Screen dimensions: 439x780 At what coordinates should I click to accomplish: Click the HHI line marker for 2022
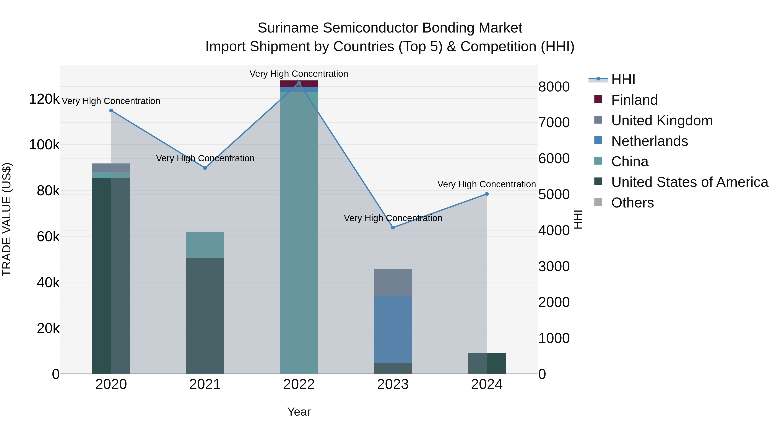[299, 83]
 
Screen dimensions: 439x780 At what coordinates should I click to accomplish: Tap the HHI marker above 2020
[111, 111]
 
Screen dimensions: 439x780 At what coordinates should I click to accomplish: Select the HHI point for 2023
[393, 228]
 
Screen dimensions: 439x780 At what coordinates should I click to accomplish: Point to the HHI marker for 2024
[487, 194]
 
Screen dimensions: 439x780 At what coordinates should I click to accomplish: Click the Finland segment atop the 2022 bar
[299, 84]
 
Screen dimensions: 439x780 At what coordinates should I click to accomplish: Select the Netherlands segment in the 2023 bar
[393, 329]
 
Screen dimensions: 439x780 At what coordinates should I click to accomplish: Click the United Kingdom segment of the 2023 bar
[393, 282]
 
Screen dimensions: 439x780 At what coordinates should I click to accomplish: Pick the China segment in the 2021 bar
[205, 245]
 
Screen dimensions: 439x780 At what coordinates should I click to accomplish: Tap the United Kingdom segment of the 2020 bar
[111, 168]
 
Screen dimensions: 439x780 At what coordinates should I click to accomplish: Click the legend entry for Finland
[634, 100]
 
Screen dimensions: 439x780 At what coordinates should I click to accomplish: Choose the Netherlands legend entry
[649, 141]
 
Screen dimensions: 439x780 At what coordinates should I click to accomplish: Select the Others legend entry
[632, 203]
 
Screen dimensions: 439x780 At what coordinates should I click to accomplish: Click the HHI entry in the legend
[623, 79]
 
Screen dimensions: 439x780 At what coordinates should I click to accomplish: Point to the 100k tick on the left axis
[44, 145]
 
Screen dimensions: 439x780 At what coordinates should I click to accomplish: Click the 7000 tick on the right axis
[554, 123]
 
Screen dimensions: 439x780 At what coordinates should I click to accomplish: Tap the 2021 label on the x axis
[205, 384]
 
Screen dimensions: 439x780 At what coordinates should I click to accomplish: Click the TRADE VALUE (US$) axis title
[7, 219]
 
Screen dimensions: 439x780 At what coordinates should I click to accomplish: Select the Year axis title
[299, 412]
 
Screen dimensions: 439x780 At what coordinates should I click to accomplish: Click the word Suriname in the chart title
[288, 28]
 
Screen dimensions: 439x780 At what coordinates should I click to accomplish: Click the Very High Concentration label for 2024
[487, 184]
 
